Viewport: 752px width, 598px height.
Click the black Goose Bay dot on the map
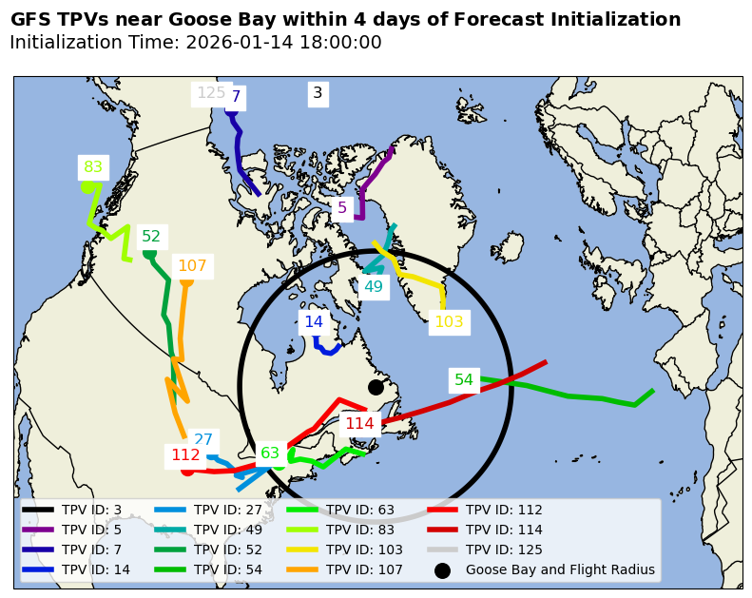coord(376,387)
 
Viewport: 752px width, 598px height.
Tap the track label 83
coord(93,167)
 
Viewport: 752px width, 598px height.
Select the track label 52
coord(151,237)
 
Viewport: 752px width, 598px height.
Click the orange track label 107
coord(192,266)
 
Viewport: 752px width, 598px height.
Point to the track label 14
coord(314,322)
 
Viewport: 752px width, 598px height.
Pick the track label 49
coord(374,287)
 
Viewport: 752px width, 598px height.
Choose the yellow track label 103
coord(449,322)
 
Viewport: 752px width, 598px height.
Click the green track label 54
coord(464,380)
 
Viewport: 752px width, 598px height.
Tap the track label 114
coord(359,424)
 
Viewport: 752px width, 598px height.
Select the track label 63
coord(270,453)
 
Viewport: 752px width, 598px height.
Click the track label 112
coord(185,455)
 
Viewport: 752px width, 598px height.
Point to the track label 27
coord(203,440)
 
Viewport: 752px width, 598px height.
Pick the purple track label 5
coord(342,207)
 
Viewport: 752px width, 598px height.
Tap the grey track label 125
coord(210,93)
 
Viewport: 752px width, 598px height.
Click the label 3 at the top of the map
coord(318,93)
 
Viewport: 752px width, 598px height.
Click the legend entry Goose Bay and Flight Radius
coord(559,570)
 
